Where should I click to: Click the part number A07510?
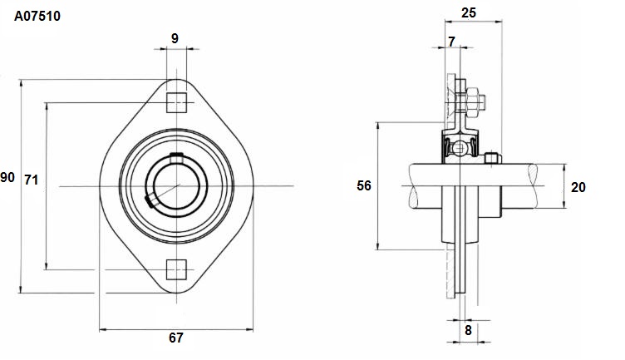pos(37,16)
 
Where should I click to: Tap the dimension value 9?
pos(175,39)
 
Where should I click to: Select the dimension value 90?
pos(7,177)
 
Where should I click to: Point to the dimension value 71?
pos(31,180)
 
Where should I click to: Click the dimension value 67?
pos(176,338)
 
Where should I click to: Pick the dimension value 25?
pos(469,12)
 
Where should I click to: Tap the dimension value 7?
pos(451,42)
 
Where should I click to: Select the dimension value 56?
pos(363,185)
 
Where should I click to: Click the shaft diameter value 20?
pos(578,187)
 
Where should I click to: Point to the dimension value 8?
pos(468,330)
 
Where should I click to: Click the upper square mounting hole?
pos(176,102)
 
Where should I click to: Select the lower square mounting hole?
pos(176,269)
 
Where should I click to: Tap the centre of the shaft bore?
pos(176,186)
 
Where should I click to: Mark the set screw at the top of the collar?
pos(176,158)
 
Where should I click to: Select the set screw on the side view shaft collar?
pos(493,158)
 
